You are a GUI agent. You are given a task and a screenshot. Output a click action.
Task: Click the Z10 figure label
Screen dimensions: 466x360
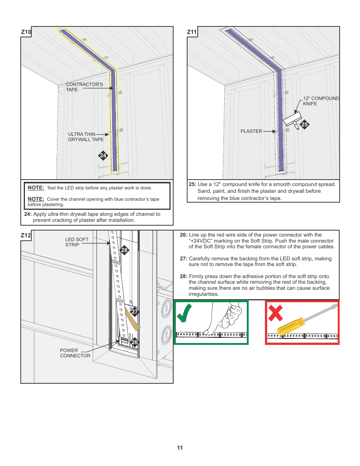pyautogui.click(x=26, y=32)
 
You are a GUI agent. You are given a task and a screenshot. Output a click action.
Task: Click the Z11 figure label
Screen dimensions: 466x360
pyautogui.click(x=192, y=32)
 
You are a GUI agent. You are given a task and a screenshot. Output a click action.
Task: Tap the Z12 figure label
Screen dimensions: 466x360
pyautogui.click(x=26, y=235)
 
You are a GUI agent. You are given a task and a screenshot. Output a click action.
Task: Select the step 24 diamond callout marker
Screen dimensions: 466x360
pyautogui.click(x=103, y=155)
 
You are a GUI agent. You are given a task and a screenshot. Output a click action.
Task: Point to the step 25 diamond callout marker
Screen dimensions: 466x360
pyautogui.click(x=305, y=125)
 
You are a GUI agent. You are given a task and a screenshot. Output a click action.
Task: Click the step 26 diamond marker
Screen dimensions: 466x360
pyautogui.click(x=135, y=342)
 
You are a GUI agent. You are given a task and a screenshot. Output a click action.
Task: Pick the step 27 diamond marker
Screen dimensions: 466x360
pyautogui.click(x=135, y=312)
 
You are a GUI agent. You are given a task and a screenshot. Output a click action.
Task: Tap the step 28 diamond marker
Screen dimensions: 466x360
pyautogui.click(x=124, y=250)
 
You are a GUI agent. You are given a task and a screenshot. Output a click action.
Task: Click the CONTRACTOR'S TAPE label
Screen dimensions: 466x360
pyautogui.click(x=84, y=87)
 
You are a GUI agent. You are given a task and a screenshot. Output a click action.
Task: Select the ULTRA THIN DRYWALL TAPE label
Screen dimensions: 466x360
pyautogui.click(x=86, y=137)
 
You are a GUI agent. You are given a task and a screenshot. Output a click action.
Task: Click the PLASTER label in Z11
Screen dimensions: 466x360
pyautogui.click(x=251, y=131)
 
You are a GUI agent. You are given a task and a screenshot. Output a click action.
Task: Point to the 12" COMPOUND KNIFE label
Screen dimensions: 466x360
pyautogui.click(x=321, y=101)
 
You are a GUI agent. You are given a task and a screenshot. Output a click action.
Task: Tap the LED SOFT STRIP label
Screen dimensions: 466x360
pyautogui.click(x=77, y=242)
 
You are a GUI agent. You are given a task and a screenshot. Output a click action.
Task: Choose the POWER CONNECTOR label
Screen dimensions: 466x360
pyautogui.click(x=75, y=353)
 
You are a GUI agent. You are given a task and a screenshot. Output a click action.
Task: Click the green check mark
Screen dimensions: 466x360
pyautogui.click(x=185, y=313)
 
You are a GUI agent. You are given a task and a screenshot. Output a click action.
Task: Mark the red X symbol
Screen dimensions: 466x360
pyautogui.click(x=275, y=313)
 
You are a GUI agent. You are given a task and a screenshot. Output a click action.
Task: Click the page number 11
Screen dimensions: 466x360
pyautogui.click(x=180, y=448)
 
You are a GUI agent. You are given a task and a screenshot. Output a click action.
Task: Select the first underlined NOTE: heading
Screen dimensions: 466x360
pyautogui.click(x=36, y=188)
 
